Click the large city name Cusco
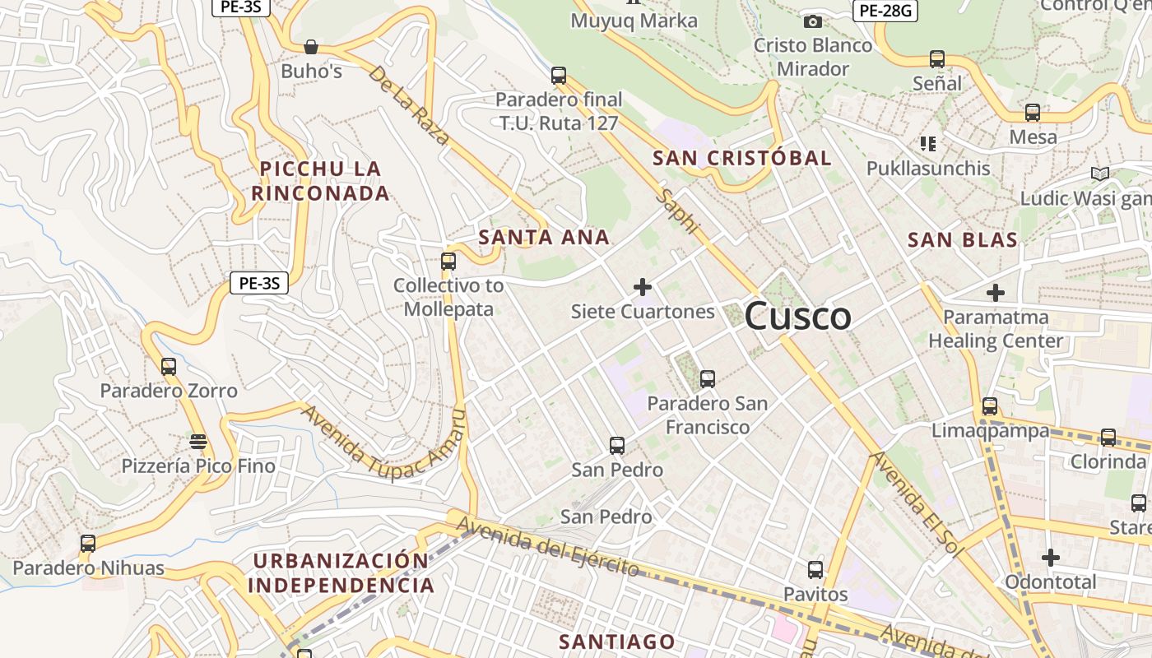click(x=797, y=317)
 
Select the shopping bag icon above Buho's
click(x=311, y=47)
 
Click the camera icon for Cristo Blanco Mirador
click(x=813, y=21)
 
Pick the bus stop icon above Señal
click(x=936, y=59)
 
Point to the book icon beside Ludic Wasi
click(x=1099, y=174)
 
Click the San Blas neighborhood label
click(x=962, y=240)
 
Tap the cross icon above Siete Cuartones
click(x=643, y=287)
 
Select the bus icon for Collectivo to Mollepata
click(x=448, y=262)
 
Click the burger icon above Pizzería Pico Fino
click(x=198, y=442)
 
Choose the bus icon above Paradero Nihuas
click(x=88, y=544)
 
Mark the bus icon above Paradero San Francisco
click(x=707, y=379)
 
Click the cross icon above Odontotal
click(x=1050, y=558)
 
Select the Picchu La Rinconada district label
click(x=319, y=181)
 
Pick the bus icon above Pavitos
click(x=815, y=569)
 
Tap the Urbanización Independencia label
click(x=341, y=573)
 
